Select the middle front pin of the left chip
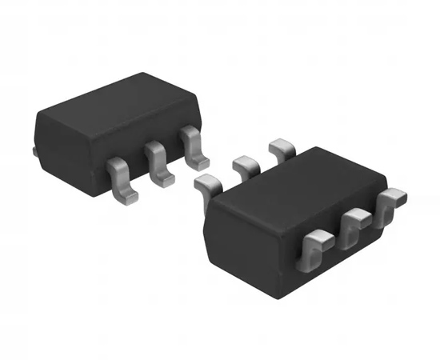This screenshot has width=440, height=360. click(155, 160)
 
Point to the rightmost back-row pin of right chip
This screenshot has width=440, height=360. click(282, 149)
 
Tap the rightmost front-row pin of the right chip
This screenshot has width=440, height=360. click(392, 202)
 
